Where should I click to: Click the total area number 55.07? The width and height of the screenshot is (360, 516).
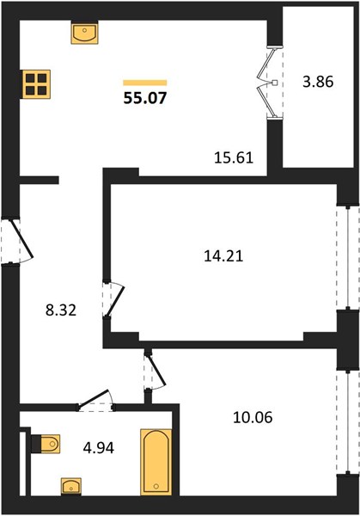click(x=145, y=98)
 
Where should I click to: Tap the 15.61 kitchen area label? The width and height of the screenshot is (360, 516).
click(x=234, y=157)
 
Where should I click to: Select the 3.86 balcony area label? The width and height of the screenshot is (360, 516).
click(x=318, y=82)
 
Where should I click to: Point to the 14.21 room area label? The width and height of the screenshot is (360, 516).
click(x=223, y=255)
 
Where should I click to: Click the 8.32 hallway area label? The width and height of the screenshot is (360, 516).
click(x=61, y=310)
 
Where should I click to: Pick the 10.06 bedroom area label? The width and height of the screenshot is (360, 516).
click(x=253, y=417)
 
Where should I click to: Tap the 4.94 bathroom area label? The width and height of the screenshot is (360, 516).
click(x=99, y=448)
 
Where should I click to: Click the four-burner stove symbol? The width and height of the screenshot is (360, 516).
click(x=36, y=84)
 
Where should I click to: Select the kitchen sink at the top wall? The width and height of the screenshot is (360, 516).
click(x=84, y=33)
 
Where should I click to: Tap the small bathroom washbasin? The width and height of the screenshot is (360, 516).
click(x=71, y=487)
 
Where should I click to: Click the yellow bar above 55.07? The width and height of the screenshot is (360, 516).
click(x=145, y=83)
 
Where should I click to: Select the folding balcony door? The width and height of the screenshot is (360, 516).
click(x=270, y=83)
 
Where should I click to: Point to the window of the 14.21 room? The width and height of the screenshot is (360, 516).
click(x=348, y=258)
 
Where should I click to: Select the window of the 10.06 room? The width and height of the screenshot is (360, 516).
click(x=348, y=422)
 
